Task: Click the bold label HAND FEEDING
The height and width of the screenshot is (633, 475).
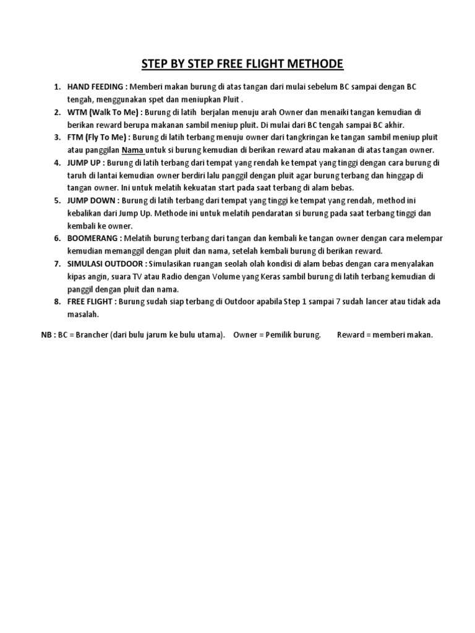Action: pos(95,86)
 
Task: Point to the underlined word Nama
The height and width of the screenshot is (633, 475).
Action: pos(132,150)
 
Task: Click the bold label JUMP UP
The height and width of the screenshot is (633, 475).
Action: pos(85,163)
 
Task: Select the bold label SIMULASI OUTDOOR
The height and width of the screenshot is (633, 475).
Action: pos(105,263)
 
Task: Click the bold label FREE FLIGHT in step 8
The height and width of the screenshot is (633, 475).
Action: pos(90,301)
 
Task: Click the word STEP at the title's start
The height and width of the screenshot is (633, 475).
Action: pos(155,64)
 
